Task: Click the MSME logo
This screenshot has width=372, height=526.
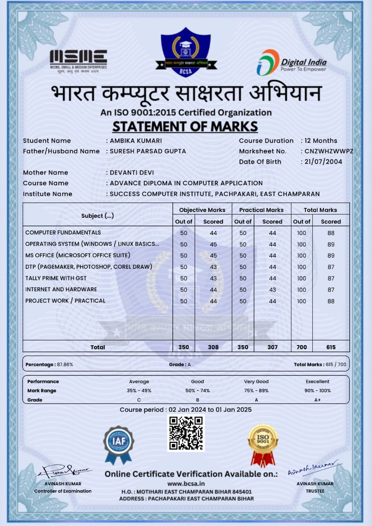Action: point(78,60)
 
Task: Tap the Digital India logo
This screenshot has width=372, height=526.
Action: point(291,63)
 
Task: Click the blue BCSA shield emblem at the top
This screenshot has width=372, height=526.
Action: point(185,52)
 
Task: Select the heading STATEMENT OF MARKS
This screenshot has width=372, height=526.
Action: point(185,126)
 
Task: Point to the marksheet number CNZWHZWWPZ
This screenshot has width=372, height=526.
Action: point(329,151)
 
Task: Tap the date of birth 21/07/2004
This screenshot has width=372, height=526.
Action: point(323,161)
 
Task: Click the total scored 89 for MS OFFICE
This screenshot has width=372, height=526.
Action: point(331,256)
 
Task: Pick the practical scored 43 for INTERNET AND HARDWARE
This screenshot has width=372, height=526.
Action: point(272,290)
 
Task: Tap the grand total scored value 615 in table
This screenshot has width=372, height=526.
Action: point(331,347)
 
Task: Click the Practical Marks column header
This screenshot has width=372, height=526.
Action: point(261,210)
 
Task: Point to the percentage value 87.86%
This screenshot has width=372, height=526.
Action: point(65,365)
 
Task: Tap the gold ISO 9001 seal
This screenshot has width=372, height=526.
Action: point(263,444)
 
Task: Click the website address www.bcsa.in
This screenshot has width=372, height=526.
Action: point(186,484)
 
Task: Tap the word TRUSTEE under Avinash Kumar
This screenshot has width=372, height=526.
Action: point(315,491)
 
